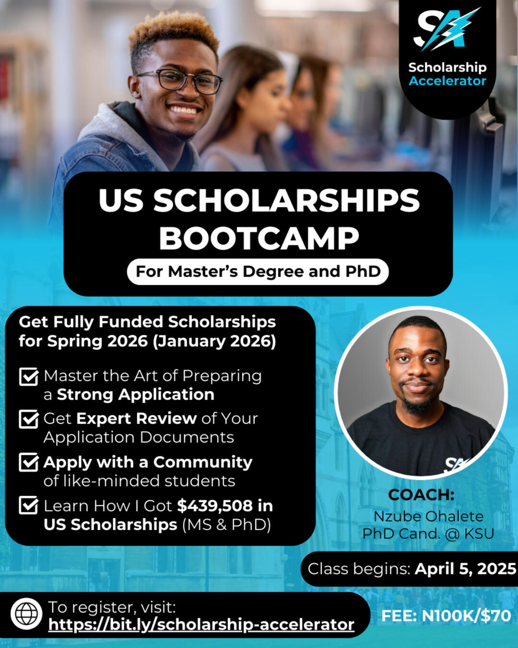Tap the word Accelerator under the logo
pyautogui.click(x=447, y=81)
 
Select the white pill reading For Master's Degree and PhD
pyautogui.click(x=258, y=271)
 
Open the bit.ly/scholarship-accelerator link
pyautogui.click(x=201, y=624)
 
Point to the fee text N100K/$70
pyautogui.click(x=466, y=615)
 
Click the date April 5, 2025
pyautogui.click(x=466, y=569)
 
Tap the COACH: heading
pyautogui.click(x=421, y=494)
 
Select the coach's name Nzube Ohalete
pyautogui.click(x=428, y=516)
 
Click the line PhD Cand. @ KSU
pyautogui.click(x=428, y=534)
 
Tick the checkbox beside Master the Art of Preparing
pyautogui.click(x=29, y=376)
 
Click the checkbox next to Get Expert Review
pyautogui.click(x=29, y=419)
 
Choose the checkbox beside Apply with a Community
pyautogui.click(x=29, y=462)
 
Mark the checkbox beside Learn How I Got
pyautogui.click(x=29, y=505)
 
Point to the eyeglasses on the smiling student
pyautogui.click(x=180, y=81)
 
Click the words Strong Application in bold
pyautogui.click(x=136, y=394)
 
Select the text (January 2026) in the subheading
pyautogui.click(x=214, y=341)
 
